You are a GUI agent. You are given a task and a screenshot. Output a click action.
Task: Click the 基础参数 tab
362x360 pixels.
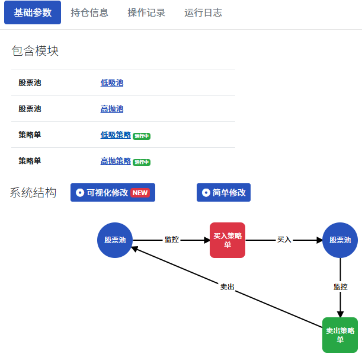coord(33,12)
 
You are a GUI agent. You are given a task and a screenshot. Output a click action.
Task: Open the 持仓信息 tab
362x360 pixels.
coord(89,12)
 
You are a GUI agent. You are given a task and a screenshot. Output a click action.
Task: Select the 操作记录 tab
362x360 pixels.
coord(146,12)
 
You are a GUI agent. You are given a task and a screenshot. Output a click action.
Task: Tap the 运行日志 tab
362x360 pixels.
coord(203,12)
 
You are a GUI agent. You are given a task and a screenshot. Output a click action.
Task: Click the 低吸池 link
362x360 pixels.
coord(112,82)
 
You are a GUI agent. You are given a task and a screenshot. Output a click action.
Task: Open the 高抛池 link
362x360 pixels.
coord(112,109)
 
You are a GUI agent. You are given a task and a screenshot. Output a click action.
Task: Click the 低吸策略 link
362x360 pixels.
coord(116,135)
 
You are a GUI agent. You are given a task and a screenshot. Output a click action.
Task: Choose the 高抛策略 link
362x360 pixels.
coord(116,161)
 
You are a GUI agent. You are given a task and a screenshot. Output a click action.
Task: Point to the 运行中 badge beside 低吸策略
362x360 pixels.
coord(142,136)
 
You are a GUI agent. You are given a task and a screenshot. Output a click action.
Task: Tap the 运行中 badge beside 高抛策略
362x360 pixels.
coord(142,163)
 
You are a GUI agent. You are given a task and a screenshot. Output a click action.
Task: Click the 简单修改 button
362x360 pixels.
coord(223,193)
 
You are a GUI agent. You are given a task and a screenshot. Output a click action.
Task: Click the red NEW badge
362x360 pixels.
coord(140,193)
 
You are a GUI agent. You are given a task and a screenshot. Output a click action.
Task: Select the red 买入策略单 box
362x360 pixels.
coord(228,240)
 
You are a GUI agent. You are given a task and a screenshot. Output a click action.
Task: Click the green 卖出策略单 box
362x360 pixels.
coord(340,335)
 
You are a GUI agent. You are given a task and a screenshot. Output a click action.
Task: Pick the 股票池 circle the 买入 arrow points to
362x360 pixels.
coord(340,240)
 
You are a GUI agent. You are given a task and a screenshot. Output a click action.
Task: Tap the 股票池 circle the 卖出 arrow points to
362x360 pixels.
coord(115,240)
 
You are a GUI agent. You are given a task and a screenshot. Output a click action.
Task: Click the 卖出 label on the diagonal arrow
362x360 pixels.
coord(227,287)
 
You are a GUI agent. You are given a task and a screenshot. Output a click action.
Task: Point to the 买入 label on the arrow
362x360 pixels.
coord(284,240)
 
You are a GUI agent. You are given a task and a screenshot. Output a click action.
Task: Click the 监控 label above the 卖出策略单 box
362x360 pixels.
coord(341,287)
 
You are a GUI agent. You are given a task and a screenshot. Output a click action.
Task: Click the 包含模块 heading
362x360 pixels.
coord(35,51)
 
